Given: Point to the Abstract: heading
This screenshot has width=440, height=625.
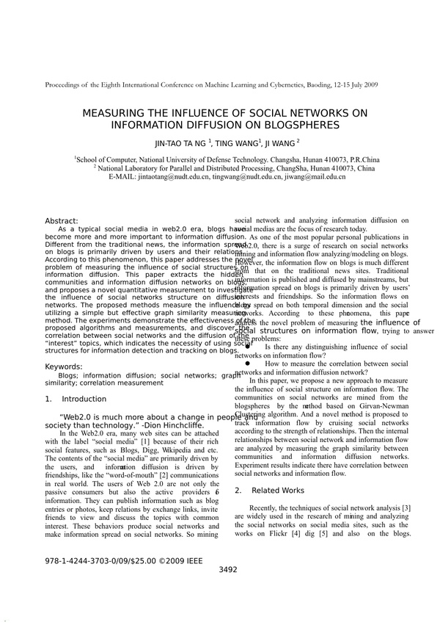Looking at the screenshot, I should (x=62, y=221).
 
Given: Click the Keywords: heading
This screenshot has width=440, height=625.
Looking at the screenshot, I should (x=64, y=366).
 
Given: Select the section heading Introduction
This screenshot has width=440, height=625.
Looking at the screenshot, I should (x=84, y=400).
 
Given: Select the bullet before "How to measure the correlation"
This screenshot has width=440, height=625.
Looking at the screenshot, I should (x=248, y=363).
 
